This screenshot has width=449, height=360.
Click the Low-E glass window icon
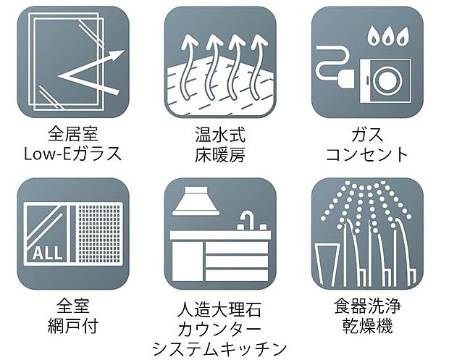[72, 62]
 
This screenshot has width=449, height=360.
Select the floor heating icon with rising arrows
[220, 62]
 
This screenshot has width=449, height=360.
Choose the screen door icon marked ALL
[72, 233]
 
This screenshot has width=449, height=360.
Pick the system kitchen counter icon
[220, 233]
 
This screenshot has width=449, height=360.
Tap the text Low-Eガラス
[72, 154]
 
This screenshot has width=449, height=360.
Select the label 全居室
[72, 135]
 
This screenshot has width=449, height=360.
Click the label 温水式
[220, 135]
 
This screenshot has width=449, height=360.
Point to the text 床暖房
[220, 154]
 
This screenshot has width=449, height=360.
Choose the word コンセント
[367, 154]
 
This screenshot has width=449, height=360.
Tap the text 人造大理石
[220, 310]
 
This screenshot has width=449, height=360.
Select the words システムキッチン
[220, 348]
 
